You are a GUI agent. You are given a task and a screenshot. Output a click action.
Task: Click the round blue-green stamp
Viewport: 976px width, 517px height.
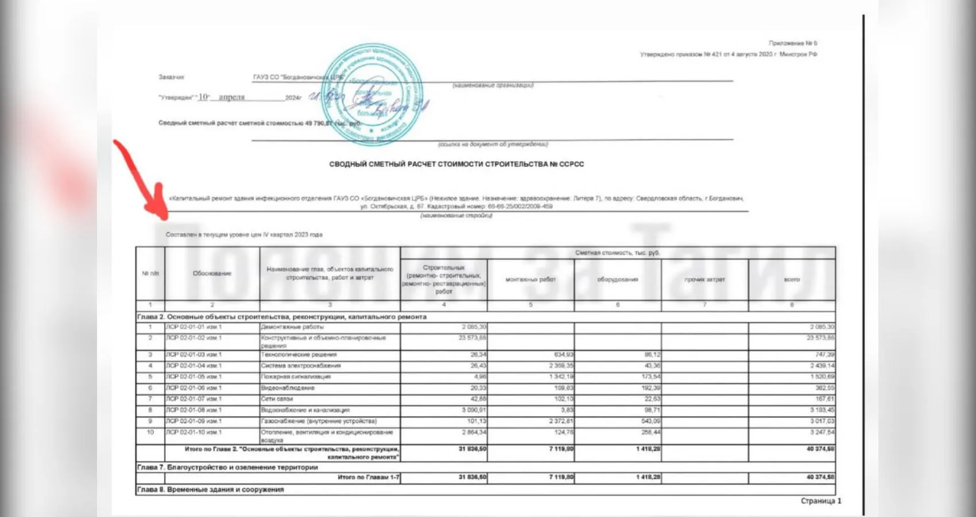click(x=373, y=94)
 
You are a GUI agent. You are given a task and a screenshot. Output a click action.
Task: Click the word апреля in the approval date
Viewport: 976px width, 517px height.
click(x=232, y=97)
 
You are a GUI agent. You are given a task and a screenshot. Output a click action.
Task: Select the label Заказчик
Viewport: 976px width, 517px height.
click(x=171, y=77)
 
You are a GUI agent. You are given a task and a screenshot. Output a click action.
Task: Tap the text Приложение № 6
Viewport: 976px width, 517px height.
click(x=793, y=43)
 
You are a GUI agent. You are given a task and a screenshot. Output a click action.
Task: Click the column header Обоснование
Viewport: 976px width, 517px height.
click(x=212, y=273)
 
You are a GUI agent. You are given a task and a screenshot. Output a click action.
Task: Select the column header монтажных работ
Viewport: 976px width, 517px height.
click(x=530, y=280)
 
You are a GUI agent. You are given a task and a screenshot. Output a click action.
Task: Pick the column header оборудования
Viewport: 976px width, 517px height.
click(x=618, y=280)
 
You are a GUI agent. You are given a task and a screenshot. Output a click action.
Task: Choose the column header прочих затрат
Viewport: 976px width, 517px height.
click(x=704, y=280)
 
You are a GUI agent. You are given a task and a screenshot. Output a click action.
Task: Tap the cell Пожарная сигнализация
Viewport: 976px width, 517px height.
click(x=296, y=377)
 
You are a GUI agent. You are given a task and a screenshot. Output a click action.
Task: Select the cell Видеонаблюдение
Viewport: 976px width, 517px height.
click(x=288, y=388)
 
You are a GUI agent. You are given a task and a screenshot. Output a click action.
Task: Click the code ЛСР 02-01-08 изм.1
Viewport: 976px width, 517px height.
click(x=193, y=410)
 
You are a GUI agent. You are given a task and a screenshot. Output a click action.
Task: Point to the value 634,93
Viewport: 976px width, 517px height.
click(x=561, y=354)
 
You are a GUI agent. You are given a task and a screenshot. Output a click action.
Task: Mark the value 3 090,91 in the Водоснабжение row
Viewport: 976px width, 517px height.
click(x=474, y=410)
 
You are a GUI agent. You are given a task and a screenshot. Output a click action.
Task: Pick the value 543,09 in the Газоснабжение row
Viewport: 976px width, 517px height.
click(x=649, y=421)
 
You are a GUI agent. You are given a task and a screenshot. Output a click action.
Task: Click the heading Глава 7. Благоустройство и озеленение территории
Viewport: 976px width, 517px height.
click(x=227, y=467)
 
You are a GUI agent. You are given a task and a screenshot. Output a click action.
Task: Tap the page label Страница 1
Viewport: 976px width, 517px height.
click(x=821, y=501)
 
